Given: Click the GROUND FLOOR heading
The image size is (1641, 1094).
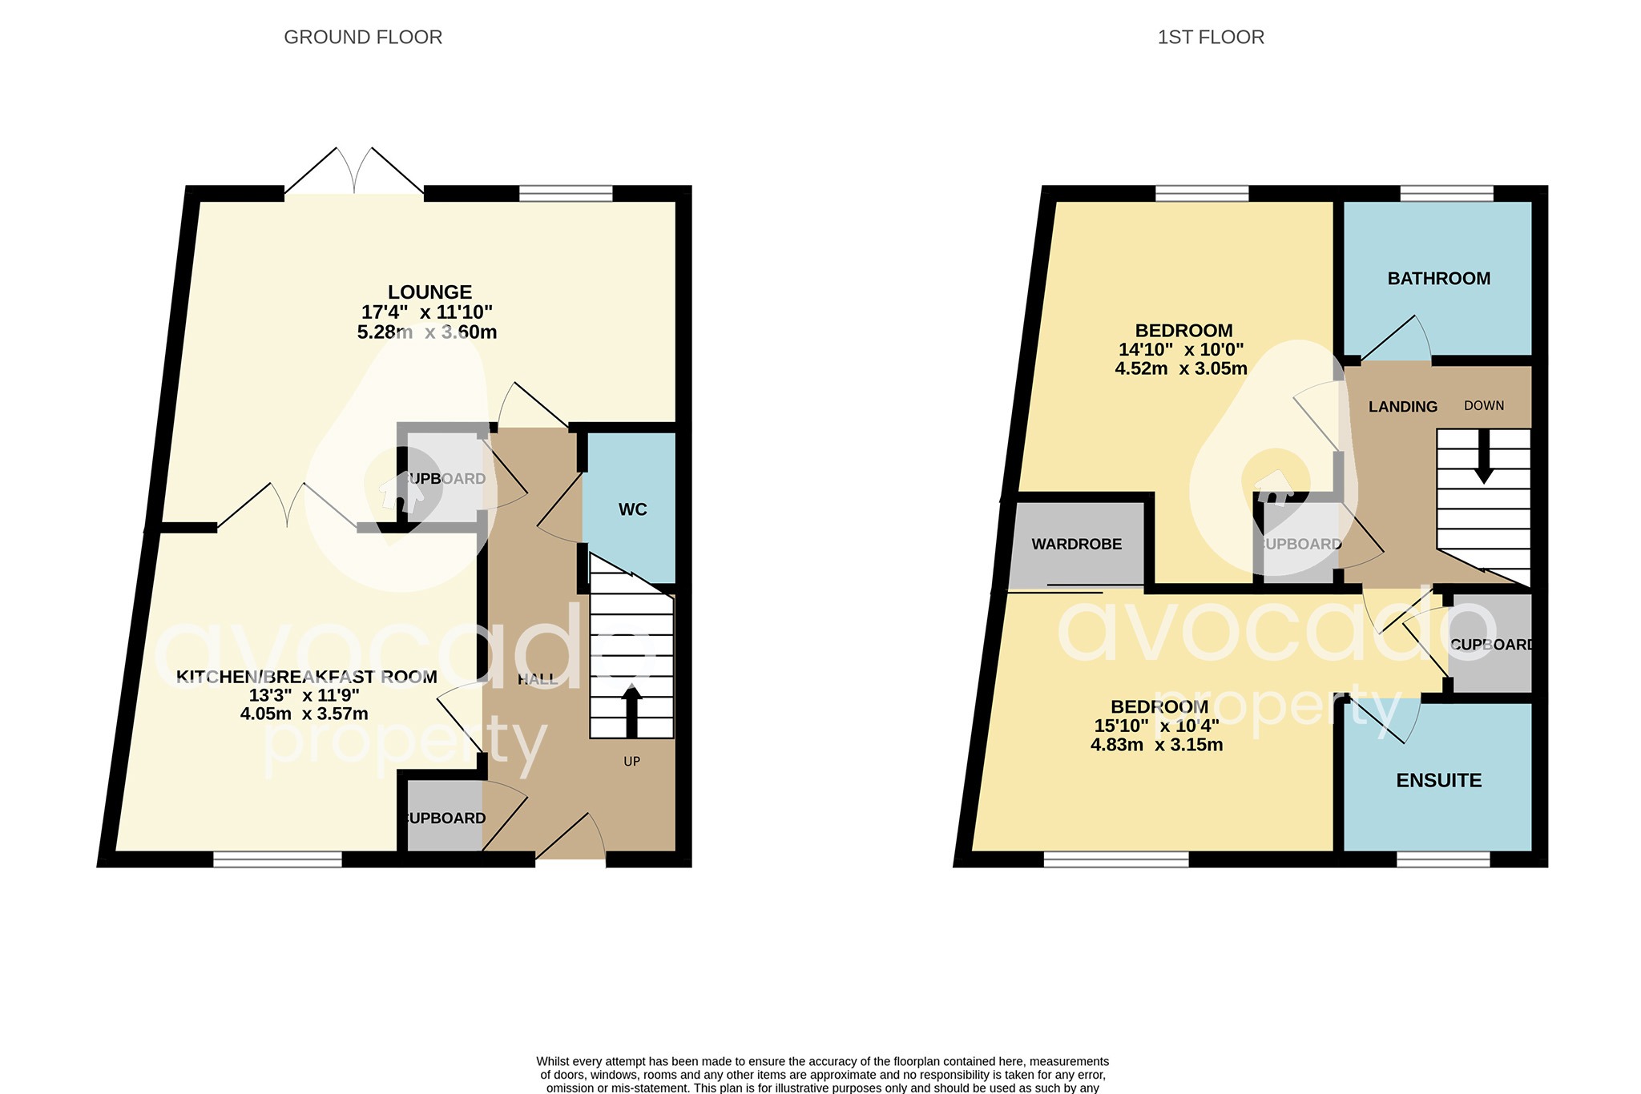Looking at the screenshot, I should click(363, 38).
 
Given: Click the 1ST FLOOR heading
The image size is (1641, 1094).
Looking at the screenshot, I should click(1211, 38).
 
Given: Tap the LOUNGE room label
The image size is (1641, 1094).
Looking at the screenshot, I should click(429, 292).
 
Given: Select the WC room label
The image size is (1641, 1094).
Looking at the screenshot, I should click(632, 509).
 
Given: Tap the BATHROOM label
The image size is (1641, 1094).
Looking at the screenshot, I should click(1438, 279).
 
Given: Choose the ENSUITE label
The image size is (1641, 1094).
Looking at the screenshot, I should click(1438, 780).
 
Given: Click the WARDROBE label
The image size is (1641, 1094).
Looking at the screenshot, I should click(1076, 545).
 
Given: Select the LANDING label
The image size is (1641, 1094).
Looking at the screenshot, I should click(1402, 407).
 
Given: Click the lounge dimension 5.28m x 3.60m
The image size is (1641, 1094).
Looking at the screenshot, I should click(427, 332).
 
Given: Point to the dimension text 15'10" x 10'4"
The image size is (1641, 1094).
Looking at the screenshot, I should click(1156, 726).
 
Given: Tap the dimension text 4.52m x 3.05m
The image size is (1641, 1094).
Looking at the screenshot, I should click(1180, 368).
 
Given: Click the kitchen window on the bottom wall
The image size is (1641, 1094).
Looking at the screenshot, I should click(277, 859).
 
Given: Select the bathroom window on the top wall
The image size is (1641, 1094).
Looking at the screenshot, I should click(1446, 193).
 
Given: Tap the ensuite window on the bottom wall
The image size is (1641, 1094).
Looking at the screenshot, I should click(1442, 859).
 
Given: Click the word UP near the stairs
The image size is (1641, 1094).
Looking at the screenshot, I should click(631, 762).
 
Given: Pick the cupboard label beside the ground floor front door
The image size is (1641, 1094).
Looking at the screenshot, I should click(446, 818).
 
